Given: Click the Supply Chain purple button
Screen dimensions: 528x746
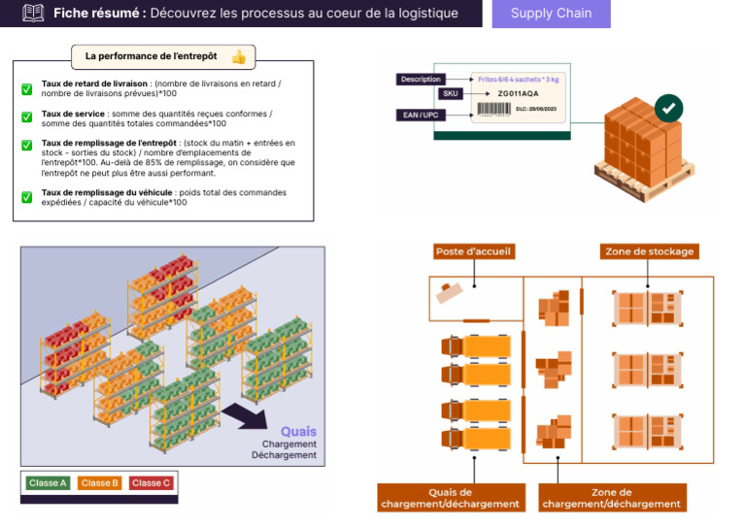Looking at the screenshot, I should coord(551,14).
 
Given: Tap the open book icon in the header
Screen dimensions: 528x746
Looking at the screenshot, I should coord(34,14).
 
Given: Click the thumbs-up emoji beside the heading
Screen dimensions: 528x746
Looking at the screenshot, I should coord(238,57).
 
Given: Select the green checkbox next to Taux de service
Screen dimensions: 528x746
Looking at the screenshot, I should coord(27,116).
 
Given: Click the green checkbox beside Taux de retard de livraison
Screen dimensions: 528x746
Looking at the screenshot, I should coord(27,89).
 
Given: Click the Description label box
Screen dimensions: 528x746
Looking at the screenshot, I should coord(421,80).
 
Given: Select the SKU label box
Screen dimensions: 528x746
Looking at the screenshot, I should coord(450,94).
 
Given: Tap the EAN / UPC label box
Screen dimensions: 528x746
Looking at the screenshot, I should coord(421,115).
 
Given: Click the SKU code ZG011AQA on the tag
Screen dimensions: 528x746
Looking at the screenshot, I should coord(517,94).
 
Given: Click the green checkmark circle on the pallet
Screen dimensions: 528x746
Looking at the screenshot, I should coord(667,108).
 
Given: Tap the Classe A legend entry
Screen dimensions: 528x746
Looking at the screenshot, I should coord(48,482).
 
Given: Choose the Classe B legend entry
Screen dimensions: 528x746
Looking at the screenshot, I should coord(99,482).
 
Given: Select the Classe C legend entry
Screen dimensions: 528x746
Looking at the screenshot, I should coord(151,482).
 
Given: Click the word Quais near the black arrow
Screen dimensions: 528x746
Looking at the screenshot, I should coord(298,432).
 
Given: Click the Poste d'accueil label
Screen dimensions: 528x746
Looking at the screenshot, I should coord(473,251).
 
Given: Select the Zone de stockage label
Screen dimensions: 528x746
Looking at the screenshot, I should coord(649,251).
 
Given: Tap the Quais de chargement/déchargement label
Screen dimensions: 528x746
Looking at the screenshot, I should coord(451,498).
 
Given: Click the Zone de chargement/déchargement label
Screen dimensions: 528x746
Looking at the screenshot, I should coord(612,498).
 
